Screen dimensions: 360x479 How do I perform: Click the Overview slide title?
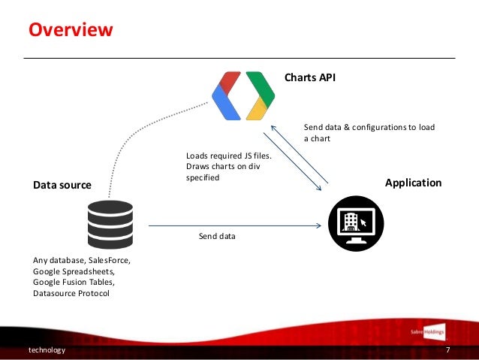point(71,30)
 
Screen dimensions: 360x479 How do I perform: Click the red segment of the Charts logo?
point(227,82)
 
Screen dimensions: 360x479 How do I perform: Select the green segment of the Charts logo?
point(257,82)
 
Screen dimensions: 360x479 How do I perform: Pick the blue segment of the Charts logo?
point(223,106)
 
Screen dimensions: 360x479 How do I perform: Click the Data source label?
point(62,184)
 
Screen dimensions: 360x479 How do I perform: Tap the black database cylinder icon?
point(110,225)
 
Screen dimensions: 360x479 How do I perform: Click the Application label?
point(413,183)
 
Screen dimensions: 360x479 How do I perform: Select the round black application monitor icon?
point(356,223)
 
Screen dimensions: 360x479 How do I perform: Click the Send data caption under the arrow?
point(217,237)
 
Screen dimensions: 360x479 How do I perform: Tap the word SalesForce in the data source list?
point(108,261)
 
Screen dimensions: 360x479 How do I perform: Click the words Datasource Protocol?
point(71,293)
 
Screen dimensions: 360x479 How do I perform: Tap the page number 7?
point(447,350)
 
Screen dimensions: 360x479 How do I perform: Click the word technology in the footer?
point(47,350)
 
